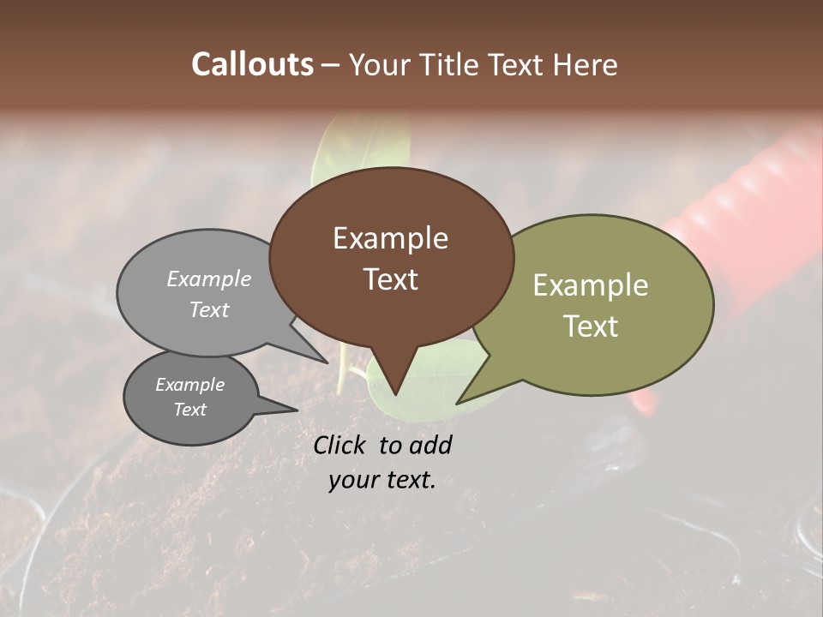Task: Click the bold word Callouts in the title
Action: click(x=252, y=64)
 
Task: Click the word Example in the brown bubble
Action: click(x=390, y=238)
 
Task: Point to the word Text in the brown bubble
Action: click(x=390, y=279)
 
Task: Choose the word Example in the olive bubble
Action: click(x=591, y=285)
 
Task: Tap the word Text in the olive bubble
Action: click(x=591, y=326)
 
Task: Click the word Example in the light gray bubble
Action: click(x=209, y=279)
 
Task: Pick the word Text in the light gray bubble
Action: click(x=209, y=309)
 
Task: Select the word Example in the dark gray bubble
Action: click(x=190, y=385)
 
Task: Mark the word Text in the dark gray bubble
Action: click(x=190, y=410)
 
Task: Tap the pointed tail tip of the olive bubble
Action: click(x=458, y=403)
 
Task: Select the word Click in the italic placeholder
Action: click(x=341, y=445)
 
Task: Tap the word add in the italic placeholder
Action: click(x=430, y=445)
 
